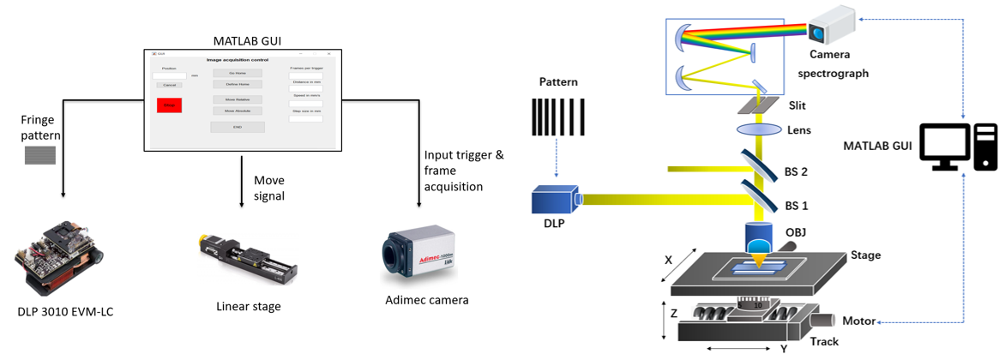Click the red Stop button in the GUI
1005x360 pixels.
pos(169,105)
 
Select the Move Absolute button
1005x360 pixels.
pos(237,111)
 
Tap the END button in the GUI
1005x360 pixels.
pos(238,127)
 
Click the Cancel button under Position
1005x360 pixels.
pos(169,85)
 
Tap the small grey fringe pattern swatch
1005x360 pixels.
pos(39,155)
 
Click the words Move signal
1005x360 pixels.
pos(268,188)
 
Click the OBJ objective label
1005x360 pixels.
pos(795,231)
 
